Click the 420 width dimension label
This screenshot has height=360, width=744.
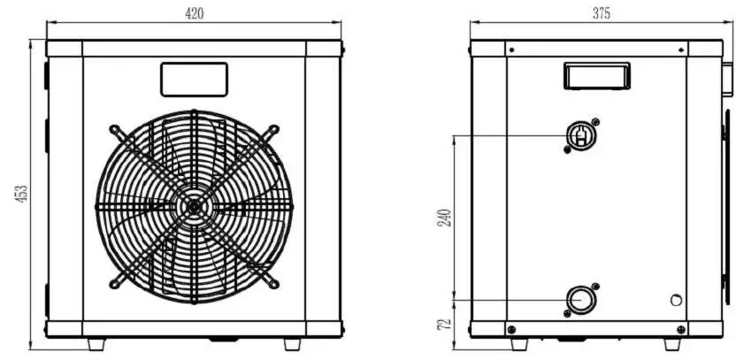pyautogui.click(x=194, y=13)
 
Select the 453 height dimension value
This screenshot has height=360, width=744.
pyautogui.click(x=23, y=194)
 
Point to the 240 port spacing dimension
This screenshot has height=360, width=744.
pyautogui.click(x=446, y=217)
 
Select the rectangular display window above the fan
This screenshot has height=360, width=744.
pyautogui.click(x=194, y=79)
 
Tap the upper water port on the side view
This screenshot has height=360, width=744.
pyautogui.click(x=580, y=134)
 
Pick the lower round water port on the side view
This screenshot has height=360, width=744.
pyautogui.click(x=580, y=300)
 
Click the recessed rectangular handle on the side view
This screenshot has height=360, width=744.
pyautogui.click(x=596, y=76)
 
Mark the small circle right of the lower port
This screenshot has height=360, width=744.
pyautogui.click(x=677, y=301)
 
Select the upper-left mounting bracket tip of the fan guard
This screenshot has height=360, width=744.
pyautogui.click(x=114, y=128)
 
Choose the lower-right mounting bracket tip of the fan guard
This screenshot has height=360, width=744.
pyautogui.click(x=276, y=284)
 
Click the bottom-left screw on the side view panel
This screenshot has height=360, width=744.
pyautogui.click(x=512, y=329)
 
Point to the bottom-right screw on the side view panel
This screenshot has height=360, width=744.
pyautogui.click(x=680, y=329)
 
